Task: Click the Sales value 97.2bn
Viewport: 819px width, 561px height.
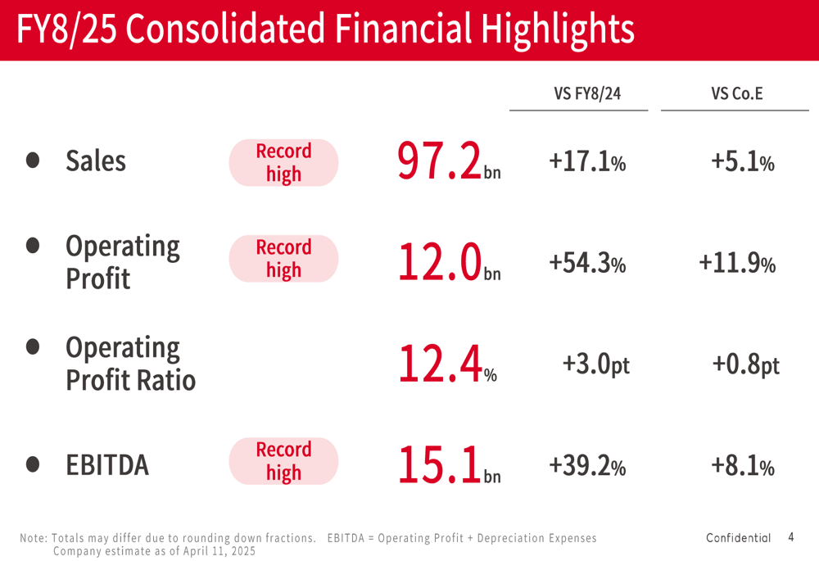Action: [448, 161]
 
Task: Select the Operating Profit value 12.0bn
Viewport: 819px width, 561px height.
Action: [448, 264]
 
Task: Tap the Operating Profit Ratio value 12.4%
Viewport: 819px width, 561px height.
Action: [447, 364]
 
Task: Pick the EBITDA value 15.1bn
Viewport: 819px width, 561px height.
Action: [448, 465]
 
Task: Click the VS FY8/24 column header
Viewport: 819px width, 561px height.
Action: [587, 93]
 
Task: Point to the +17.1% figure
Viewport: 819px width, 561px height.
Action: [587, 162]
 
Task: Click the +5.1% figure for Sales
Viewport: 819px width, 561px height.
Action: [743, 162]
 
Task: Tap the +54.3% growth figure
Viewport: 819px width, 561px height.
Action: [587, 263]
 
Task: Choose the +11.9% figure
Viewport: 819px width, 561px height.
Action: [737, 263]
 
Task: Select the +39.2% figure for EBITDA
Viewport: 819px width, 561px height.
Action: [587, 466]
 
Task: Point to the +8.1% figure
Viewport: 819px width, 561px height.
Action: [743, 466]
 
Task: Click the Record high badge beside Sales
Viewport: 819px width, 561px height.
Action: [283, 162]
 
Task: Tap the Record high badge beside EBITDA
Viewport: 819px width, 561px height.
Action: [283, 461]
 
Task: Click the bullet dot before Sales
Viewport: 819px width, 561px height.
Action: [33, 161]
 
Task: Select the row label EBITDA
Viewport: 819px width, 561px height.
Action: [107, 465]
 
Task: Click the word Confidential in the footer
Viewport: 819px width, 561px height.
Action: [738, 538]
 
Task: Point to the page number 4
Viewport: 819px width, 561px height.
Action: [791, 537]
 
